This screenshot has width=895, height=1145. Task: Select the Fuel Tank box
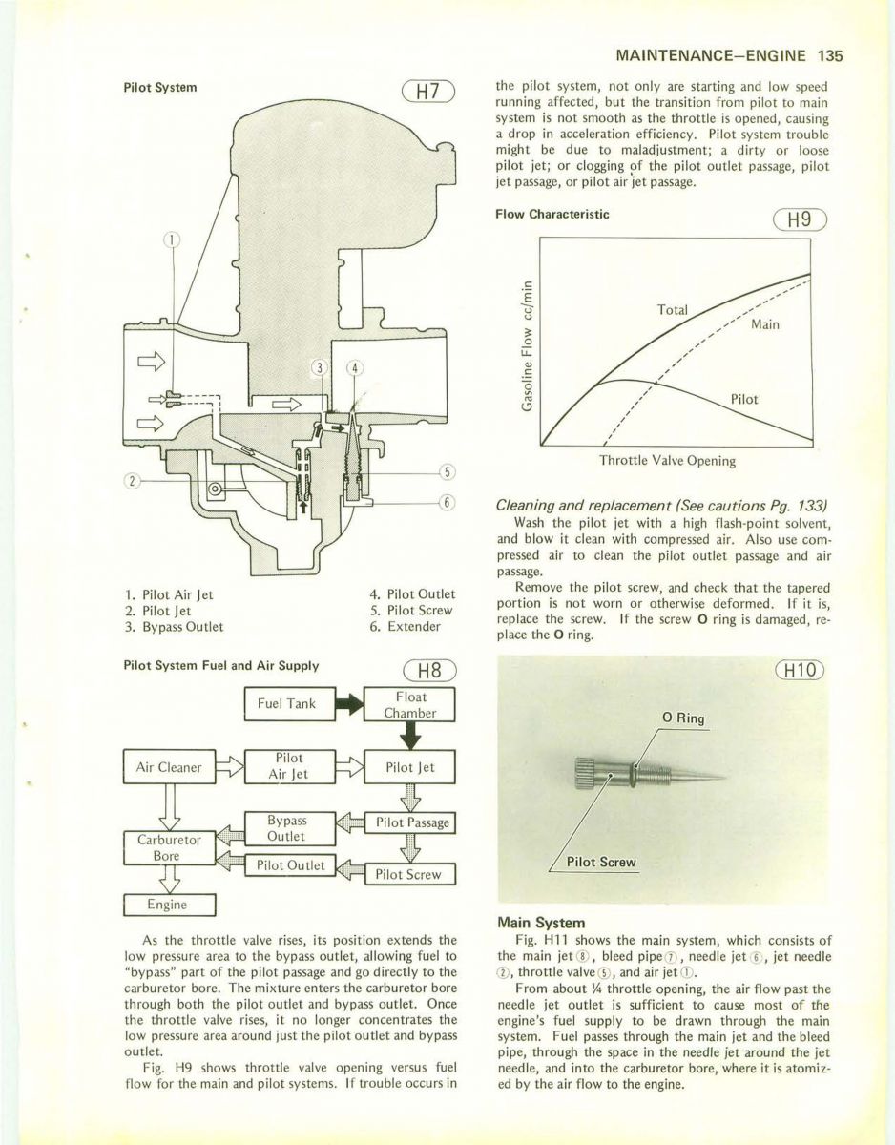287,704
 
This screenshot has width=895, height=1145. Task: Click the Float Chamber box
409,704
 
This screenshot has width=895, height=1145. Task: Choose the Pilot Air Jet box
287,766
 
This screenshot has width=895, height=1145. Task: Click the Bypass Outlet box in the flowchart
286,828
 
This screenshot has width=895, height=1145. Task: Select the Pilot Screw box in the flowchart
408,873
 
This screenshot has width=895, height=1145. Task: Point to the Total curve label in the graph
673,311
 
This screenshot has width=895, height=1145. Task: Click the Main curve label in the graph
765,324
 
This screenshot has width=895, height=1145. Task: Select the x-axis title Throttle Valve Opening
667,461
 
